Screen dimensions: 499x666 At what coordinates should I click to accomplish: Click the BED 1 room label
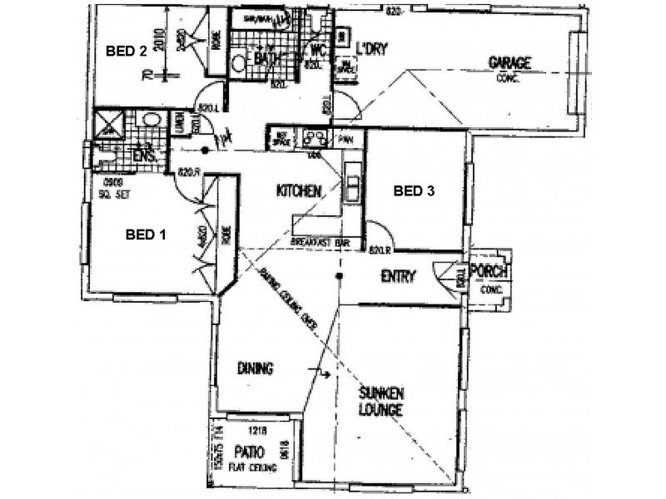point(146,235)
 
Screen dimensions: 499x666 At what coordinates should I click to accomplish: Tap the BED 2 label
point(127,51)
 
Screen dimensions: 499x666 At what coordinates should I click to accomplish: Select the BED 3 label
point(414,190)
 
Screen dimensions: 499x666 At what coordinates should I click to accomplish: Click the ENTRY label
point(397,277)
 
